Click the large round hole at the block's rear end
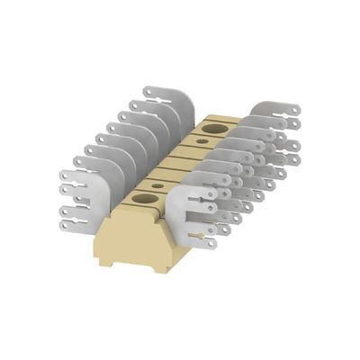coord(214,131)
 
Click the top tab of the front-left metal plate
coord(67,176)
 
